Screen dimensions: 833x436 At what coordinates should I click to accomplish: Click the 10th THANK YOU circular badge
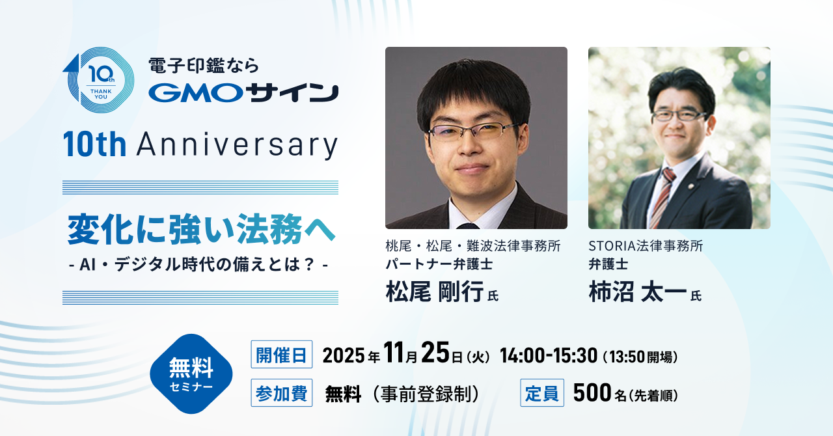99,80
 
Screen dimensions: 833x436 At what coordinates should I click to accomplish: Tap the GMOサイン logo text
243,92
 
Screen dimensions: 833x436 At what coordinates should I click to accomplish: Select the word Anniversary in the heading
238,145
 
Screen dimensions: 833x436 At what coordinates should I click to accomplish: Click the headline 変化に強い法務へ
201,229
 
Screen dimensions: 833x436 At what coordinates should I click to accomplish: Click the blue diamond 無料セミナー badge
191,374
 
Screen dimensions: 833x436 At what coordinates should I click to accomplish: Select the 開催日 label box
282,355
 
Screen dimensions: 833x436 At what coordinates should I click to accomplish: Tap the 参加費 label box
282,393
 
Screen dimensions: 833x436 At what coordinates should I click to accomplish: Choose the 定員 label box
542,393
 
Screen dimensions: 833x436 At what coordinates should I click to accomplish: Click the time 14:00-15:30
549,355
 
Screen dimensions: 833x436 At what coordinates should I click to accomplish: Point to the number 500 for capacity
592,393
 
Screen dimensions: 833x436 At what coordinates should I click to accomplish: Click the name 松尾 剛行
435,292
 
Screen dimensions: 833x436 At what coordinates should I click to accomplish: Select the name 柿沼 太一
637,292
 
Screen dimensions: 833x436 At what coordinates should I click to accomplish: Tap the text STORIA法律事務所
646,246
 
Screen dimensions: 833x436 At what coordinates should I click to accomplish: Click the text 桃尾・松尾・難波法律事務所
473,246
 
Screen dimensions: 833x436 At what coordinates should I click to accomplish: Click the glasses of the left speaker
473,131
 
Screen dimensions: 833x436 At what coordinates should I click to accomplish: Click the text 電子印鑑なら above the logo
204,66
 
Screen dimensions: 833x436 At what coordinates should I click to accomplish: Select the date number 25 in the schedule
435,353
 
